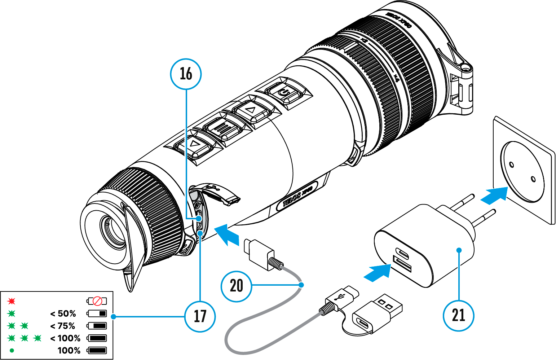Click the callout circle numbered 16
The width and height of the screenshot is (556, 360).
tap(186, 74)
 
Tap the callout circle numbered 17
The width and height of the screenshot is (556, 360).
tap(200, 316)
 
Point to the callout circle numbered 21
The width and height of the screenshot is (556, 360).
tap(458, 315)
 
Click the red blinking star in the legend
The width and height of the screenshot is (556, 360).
tap(12, 301)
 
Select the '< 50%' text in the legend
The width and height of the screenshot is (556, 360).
tap(63, 313)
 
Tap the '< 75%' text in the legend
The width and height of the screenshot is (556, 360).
tap(63, 326)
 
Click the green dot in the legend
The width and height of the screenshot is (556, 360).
tap(12, 350)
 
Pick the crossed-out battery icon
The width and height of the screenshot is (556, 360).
tap(97, 301)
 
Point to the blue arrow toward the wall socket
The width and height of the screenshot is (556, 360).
tap(494, 196)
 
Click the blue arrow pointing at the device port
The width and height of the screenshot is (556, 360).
tap(227, 234)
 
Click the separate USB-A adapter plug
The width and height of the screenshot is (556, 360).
tap(377, 312)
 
